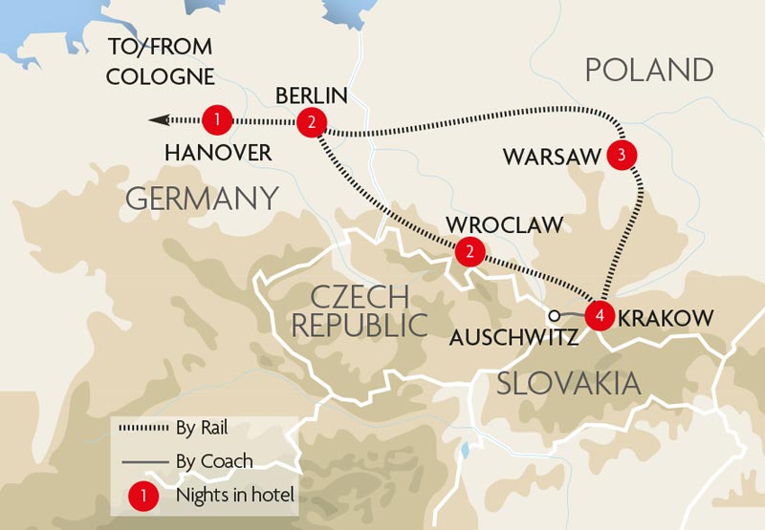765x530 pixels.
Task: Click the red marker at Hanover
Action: coord(218,120)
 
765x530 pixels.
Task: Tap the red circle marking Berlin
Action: coord(312,122)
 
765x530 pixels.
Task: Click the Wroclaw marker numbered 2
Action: coord(469,251)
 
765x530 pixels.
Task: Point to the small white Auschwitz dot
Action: coord(553,315)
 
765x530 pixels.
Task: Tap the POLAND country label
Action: coord(649,70)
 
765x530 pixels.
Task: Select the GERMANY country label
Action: coord(202,199)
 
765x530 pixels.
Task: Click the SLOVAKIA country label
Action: coord(568,384)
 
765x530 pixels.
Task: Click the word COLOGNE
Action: coord(162,75)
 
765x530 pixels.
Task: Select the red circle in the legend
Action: coord(142,497)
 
